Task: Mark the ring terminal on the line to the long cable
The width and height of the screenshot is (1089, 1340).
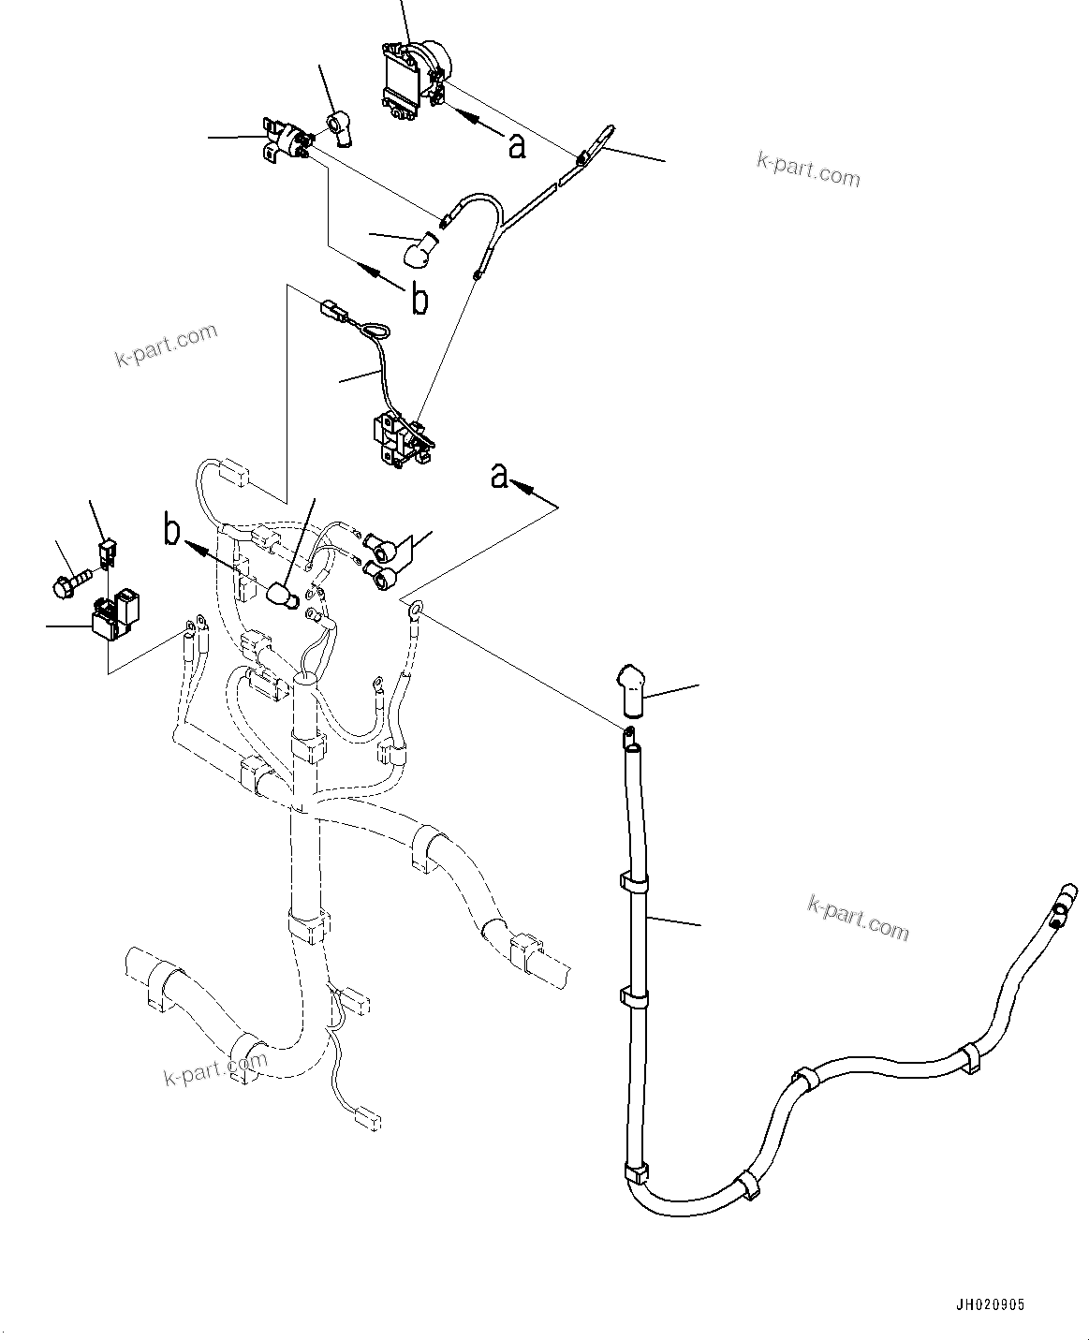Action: click(414, 611)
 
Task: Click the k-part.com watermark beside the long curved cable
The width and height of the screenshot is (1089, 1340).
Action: click(858, 917)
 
